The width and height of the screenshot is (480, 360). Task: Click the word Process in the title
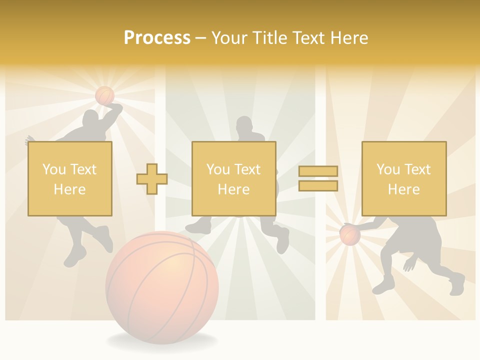157,38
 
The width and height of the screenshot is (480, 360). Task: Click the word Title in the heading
269,38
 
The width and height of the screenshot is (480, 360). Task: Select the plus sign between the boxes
152,179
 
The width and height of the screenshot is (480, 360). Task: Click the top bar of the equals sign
318,171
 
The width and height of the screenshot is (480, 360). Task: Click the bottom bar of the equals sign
318,186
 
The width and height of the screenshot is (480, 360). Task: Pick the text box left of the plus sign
70,178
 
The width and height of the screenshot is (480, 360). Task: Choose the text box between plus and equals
233,178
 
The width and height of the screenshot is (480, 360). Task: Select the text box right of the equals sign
403,178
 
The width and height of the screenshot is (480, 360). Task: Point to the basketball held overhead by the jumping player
104,95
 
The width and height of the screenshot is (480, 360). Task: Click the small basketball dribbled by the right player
350,235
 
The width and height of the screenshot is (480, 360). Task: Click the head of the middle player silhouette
244,125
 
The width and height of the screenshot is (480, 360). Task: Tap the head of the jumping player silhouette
90,119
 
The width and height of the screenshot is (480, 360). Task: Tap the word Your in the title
229,38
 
